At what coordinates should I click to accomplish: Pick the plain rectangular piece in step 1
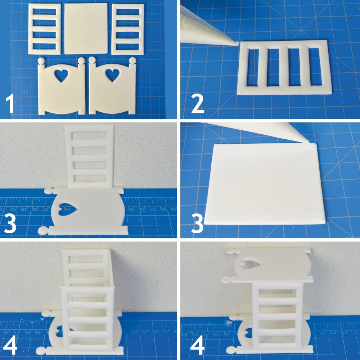tap(86, 28)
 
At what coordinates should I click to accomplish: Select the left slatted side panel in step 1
tap(45, 29)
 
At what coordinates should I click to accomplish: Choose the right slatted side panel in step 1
tap(128, 29)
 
